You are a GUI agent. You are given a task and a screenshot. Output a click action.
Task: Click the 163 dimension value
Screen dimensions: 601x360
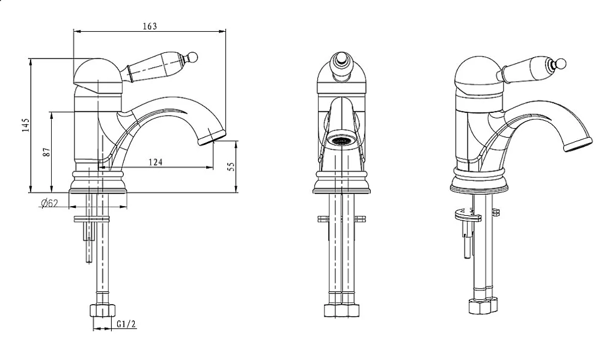150,26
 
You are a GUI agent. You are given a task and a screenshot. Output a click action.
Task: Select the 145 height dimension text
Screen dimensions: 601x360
26,126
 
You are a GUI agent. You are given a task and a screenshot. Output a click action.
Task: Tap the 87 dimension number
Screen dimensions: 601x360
47,152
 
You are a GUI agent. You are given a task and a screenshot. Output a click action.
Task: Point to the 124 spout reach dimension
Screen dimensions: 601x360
156,162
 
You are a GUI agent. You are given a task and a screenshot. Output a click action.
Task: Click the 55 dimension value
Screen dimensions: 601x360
231,166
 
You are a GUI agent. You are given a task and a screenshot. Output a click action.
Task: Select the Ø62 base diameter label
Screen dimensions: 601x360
49,203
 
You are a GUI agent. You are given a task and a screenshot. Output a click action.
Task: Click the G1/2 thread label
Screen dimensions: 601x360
126,325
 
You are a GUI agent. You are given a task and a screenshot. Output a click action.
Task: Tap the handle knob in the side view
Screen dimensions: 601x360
193,57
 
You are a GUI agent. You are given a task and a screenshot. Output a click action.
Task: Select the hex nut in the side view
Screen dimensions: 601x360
103,310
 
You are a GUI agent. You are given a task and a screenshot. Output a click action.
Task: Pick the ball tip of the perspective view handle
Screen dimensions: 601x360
561,64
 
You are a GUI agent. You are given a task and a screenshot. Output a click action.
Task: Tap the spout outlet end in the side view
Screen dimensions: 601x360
212,137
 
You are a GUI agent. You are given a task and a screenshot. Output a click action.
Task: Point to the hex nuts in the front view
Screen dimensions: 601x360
342,310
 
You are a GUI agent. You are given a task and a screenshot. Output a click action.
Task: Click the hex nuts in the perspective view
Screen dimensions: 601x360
484,305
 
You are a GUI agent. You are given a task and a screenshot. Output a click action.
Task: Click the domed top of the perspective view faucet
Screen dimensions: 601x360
478,75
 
